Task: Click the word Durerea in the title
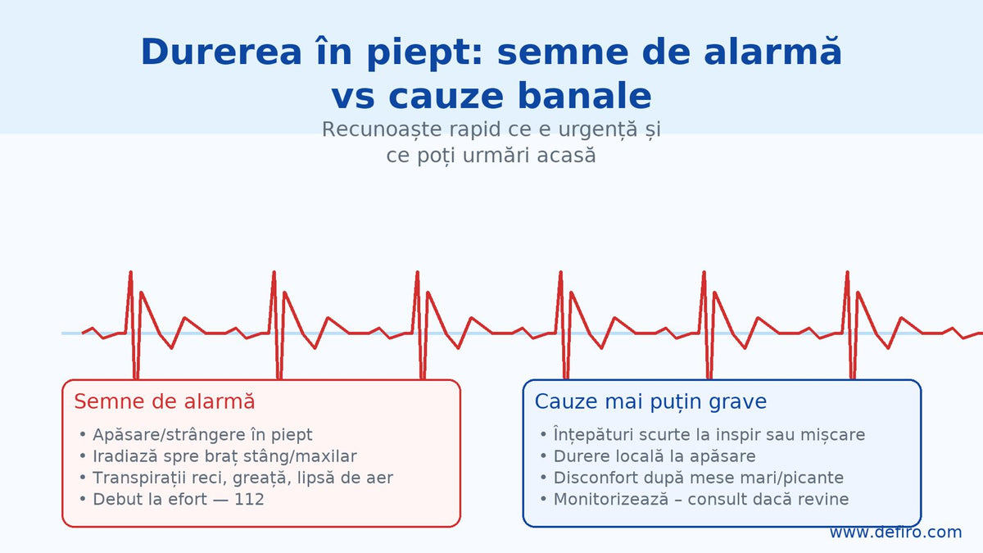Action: coord(221,52)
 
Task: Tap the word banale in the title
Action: coord(585,97)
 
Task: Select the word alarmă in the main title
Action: coord(772,52)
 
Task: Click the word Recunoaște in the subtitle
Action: coord(382,129)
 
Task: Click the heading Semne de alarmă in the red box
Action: coord(165,401)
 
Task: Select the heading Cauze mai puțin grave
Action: coord(650,401)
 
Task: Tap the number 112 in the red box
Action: coord(249,500)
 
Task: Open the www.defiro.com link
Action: coord(895,532)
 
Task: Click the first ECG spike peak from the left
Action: coord(131,272)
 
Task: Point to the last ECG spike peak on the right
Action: coord(847,272)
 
